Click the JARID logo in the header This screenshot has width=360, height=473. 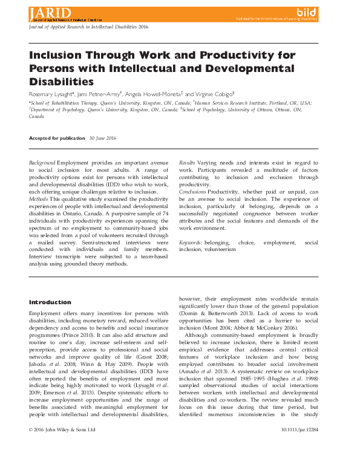click(x=48, y=13)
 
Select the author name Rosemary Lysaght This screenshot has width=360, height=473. click(x=51, y=94)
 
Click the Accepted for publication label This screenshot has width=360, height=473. click(x=57, y=138)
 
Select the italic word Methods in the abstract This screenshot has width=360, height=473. click(x=39, y=198)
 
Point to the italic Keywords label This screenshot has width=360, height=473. click(x=191, y=242)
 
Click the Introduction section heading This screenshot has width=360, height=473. click(x=50, y=302)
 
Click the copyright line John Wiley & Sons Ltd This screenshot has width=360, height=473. click(x=62, y=463)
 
